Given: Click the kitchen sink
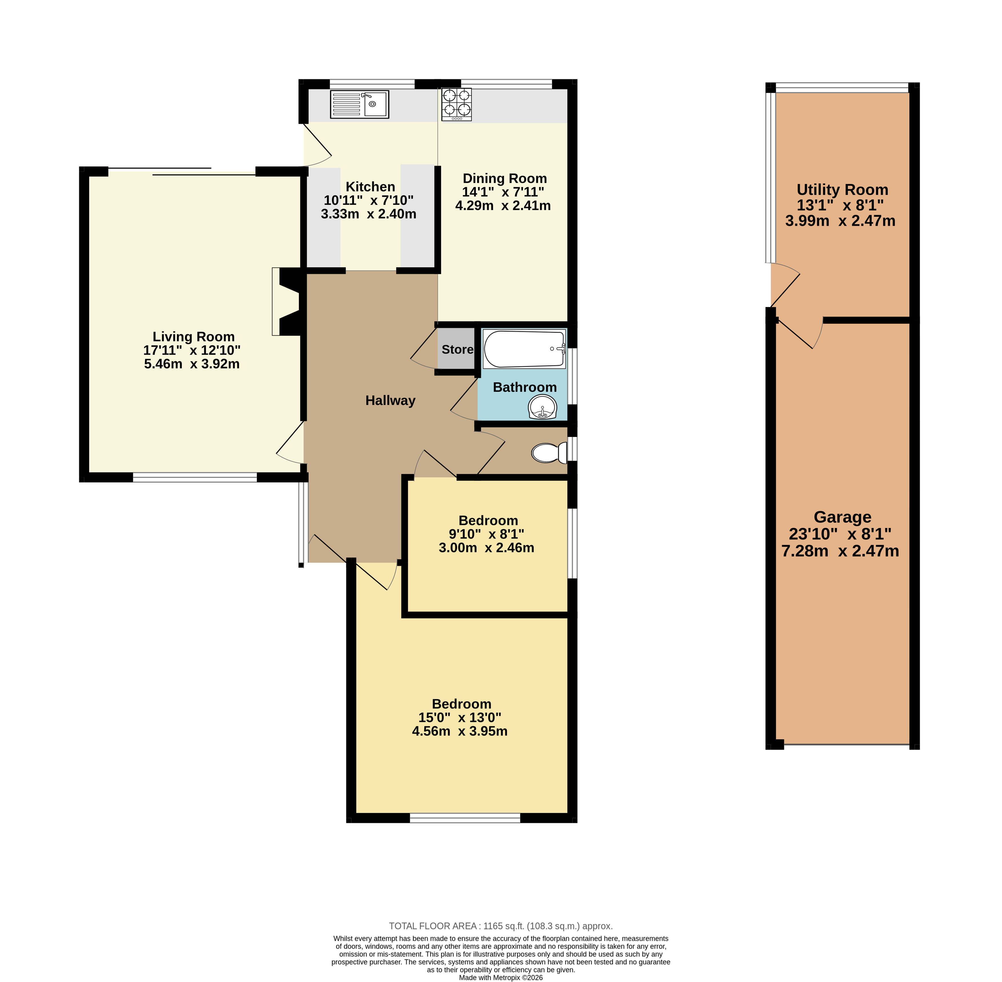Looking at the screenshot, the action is [x=359, y=104].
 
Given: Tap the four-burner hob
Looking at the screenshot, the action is [x=456, y=104].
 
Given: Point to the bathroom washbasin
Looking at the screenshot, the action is [x=543, y=407].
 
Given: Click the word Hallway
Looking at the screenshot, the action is [x=390, y=401].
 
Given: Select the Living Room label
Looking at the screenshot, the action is [x=193, y=337].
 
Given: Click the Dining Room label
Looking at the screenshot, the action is [x=504, y=178].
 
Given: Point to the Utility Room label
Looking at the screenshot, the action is [x=842, y=190].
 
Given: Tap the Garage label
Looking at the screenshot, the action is [x=842, y=517].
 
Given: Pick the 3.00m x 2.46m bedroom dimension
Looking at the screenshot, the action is [x=486, y=548].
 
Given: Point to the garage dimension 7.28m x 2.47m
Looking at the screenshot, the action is [x=840, y=551].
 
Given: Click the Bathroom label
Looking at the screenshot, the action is [x=525, y=387].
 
